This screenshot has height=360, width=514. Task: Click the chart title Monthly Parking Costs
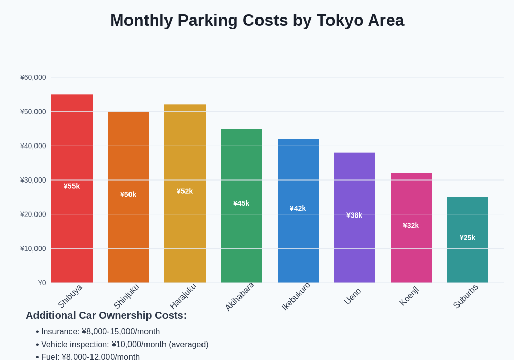tap(257, 20)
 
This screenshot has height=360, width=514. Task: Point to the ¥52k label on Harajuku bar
tap(185, 191)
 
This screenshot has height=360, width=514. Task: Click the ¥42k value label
tap(298, 208)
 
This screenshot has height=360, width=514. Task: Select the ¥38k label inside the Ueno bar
tap(354, 215)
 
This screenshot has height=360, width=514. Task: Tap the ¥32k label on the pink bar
tap(411, 225)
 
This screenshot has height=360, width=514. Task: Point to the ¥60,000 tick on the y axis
tap(33, 77)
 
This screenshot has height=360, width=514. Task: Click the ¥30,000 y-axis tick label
tap(33, 180)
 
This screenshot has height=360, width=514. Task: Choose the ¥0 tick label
tap(42, 283)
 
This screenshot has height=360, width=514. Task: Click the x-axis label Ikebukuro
tap(297, 296)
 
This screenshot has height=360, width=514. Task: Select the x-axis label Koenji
tap(410, 296)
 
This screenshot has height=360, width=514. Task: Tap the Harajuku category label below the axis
tap(183, 296)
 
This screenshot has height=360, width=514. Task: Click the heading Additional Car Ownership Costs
tap(106, 315)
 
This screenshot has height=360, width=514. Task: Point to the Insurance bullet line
tap(100, 332)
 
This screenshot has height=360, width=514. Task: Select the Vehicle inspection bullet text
tap(124, 345)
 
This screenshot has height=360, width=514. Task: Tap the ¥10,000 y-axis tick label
tap(33, 248)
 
